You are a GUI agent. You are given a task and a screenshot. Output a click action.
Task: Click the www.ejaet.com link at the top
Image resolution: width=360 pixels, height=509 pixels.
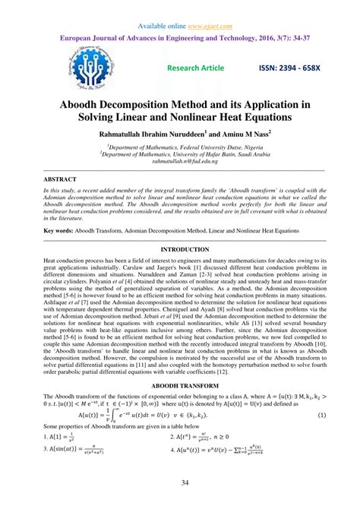tap(205, 10)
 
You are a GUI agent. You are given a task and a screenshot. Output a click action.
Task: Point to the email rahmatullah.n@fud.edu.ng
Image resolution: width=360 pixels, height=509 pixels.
tap(180, 161)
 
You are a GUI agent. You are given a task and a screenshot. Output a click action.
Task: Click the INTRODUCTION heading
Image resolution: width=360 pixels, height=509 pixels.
tap(179, 249)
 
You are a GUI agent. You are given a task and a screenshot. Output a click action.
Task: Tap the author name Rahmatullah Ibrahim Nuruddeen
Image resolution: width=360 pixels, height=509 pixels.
tap(153, 133)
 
